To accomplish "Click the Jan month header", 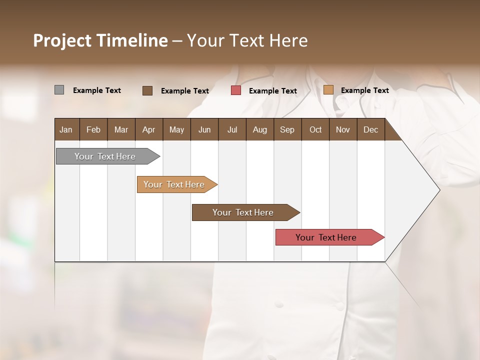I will point(66,129).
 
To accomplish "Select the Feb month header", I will point(93,129).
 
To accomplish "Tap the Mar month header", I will point(121,129).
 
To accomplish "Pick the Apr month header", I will point(149,129).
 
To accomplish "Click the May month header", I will point(176,129).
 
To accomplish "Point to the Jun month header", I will point(204,129).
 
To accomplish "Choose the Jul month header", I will point(232,129).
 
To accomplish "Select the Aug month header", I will point(260,129).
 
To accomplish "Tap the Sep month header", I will point(287,129).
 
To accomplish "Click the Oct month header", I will point(315,129).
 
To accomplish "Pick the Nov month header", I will point(343,129).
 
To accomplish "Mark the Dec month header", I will point(371,129).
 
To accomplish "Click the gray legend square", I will point(59,90).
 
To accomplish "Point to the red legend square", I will point(236,90).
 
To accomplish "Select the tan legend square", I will point(328,90).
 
